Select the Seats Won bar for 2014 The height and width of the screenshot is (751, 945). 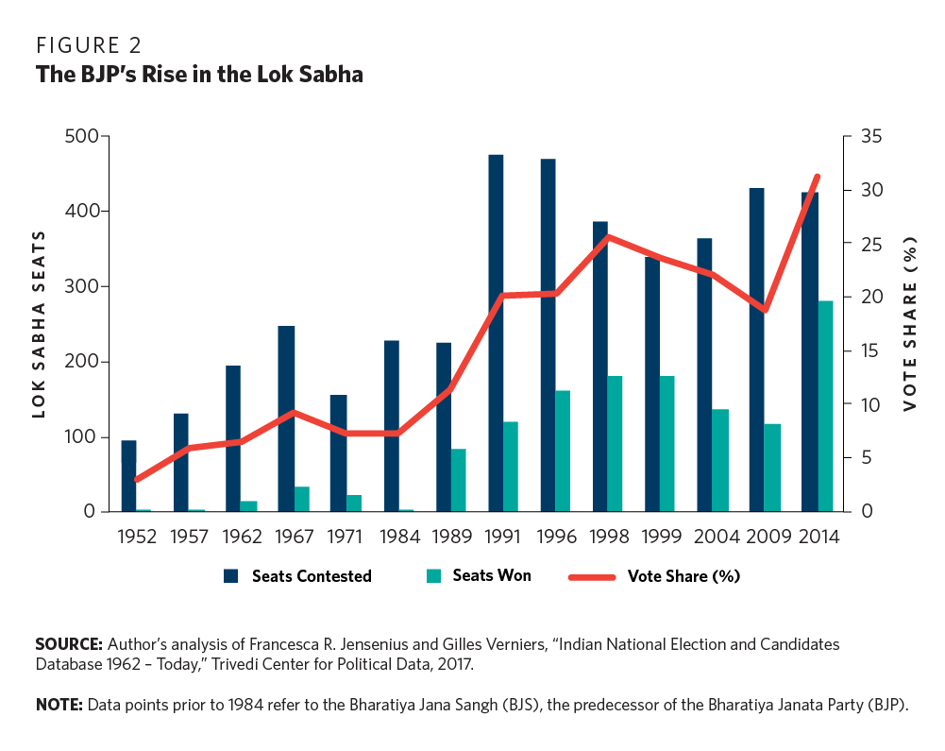coord(825,406)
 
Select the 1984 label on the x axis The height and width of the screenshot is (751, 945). coord(399,537)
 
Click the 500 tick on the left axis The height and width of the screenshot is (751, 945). coord(81,136)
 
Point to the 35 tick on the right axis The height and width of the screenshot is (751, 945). coord(867,136)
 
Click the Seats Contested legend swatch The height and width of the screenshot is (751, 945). coord(230,576)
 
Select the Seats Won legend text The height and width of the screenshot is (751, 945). coord(491,575)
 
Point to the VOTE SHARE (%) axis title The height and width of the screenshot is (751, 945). coord(910,324)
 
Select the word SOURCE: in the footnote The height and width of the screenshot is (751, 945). coord(69,643)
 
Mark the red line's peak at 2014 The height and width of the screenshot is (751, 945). coord(818,177)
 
